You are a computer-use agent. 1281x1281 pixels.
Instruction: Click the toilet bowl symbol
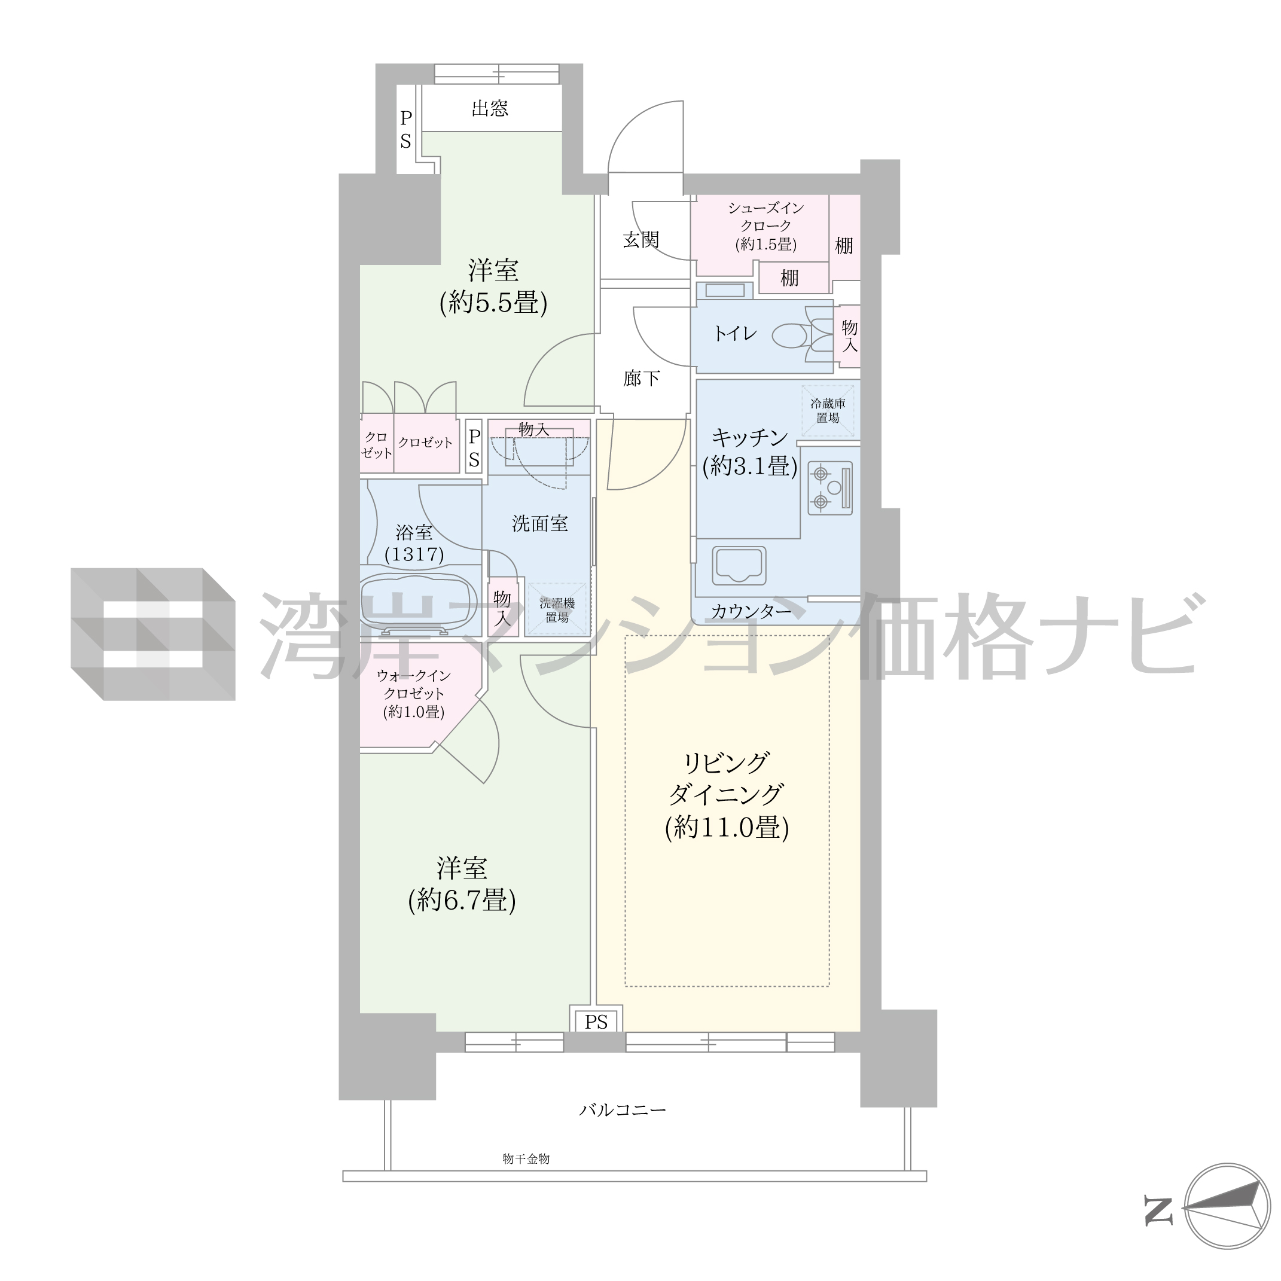(803, 335)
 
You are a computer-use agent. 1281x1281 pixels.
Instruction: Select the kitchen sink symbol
(739, 566)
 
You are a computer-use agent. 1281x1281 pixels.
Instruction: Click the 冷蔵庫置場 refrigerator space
(828, 410)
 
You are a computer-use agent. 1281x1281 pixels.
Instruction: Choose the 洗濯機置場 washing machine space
(557, 609)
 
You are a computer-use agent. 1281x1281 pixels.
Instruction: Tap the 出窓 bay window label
(490, 108)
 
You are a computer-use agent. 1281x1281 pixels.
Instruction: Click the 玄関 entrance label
(641, 239)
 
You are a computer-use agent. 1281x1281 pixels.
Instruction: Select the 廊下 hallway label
(641, 378)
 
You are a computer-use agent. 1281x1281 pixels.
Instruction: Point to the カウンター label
(751, 611)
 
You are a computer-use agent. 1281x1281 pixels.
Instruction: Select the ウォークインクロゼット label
(414, 685)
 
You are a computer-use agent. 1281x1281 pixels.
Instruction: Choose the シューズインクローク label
(766, 217)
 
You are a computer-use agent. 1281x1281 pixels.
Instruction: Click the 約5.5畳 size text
(493, 303)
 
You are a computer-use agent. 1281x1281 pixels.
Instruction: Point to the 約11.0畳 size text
(727, 828)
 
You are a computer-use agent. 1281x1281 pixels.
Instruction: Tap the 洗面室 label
(539, 523)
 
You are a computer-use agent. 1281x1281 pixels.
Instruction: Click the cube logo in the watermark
(153, 634)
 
